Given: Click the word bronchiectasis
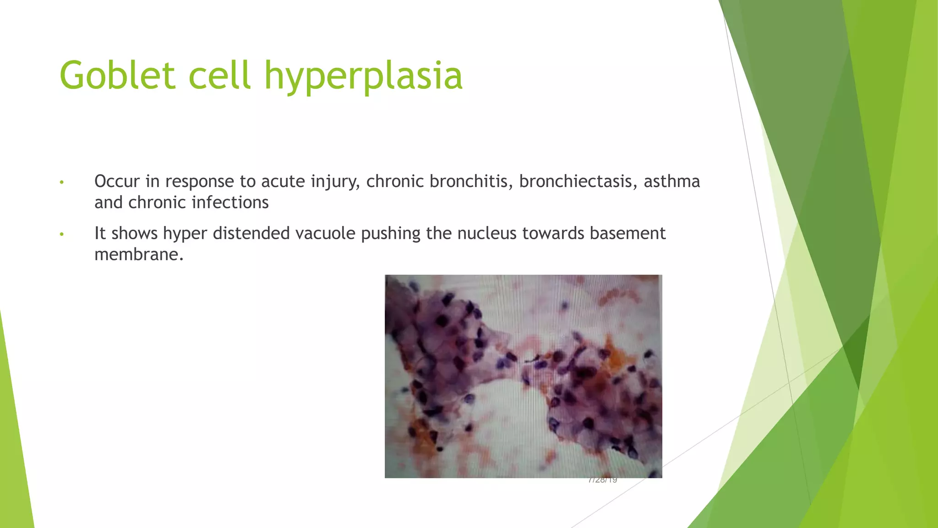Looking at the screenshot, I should pyautogui.click(x=578, y=181).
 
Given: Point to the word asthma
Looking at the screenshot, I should pyautogui.click(x=671, y=181).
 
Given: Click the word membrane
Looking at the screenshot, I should pyautogui.click(x=139, y=254).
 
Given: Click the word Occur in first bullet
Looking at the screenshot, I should pyautogui.click(x=117, y=181).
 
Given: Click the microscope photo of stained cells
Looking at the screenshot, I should pyautogui.click(x=523, y=376).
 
